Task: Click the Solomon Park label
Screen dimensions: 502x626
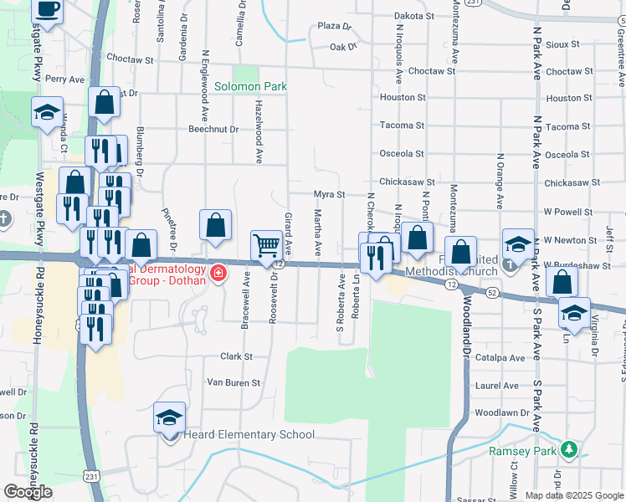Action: (250, 86)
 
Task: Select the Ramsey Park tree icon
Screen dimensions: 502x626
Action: (570, 450)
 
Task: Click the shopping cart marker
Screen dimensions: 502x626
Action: (267, 246)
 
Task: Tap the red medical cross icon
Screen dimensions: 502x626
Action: (218, 273)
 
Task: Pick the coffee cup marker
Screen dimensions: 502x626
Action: (48, 11)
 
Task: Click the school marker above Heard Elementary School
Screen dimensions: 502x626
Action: (169, 417)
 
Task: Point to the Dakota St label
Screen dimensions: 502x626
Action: (414, 16)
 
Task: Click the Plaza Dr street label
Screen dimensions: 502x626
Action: (323, 27)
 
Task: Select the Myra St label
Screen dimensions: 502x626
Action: (329, 194)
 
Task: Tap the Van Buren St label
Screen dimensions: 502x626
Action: (234, 382)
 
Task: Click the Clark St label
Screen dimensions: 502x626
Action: (236, 356)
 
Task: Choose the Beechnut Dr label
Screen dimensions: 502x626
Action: (213, 130)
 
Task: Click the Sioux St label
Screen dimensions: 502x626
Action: (562, 44)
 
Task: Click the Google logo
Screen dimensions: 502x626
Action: (28, 491)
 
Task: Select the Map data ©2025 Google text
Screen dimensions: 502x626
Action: (573, 495)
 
